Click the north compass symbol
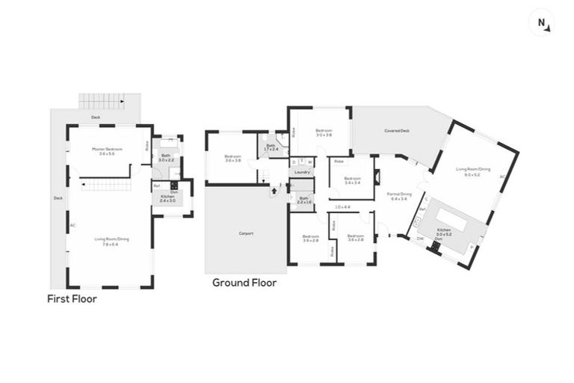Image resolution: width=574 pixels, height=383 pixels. tap(542, 23)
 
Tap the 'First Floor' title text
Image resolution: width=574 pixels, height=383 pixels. tap(72, 298)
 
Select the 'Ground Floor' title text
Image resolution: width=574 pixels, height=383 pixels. tap(244, 283)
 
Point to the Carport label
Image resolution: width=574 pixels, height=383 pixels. tap(246, 233)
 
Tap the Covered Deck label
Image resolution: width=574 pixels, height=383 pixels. tap(397, 131)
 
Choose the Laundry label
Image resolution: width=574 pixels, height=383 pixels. tap(302, 173)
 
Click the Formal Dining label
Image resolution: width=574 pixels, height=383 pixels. tap(397, 196)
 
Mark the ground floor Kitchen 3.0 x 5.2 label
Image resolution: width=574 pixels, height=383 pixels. tap(445, 233)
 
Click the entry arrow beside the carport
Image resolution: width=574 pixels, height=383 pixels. tap(274, 191)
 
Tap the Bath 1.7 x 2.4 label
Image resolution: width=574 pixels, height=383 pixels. tap(271, 147)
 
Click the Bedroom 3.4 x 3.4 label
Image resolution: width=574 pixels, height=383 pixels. tap(353, 180)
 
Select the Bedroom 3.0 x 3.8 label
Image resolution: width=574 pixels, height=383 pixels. tap(323, 132)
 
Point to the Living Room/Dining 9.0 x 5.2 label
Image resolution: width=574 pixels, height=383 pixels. tap(474, 172)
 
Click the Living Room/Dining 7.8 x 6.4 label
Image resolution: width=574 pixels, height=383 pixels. tap(111, 241)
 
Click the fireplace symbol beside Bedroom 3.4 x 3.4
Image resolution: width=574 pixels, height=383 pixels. tap(377, 177)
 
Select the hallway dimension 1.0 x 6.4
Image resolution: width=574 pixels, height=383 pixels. tap(342, 207)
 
